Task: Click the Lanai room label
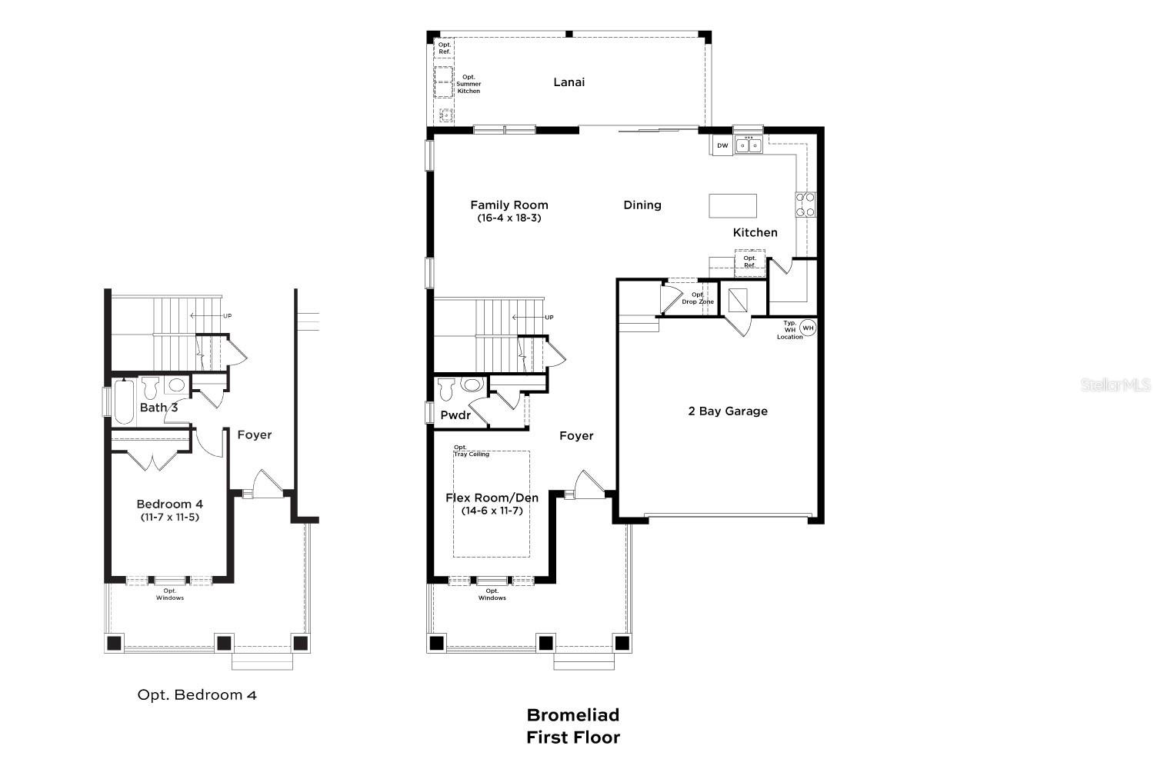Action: [569, 82]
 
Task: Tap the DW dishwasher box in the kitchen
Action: [722, 145]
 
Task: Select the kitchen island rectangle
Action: [732, 206]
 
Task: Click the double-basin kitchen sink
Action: [749, 145]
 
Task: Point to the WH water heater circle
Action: [808, 328]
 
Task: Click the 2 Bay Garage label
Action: [727, 411]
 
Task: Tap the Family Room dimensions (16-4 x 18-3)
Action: [509, 218]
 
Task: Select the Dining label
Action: [642, 205]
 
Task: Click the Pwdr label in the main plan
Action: [455, 415]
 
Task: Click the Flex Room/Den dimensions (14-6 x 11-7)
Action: [492, 511]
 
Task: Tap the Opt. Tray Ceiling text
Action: [470, 451]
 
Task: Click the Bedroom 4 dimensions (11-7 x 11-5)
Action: [169, 518]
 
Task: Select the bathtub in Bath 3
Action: [124, 401]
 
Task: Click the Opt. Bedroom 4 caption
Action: [197, 695]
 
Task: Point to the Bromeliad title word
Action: [572, 715]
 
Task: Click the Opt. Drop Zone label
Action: [697, 298]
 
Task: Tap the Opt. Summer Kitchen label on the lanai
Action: [469, 84]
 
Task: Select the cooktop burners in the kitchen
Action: [805, 205]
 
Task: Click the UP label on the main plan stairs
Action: [549, 318]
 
